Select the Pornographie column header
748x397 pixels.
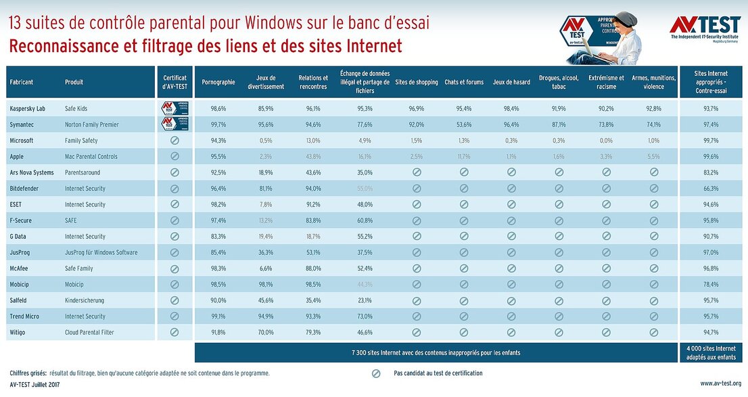(x=218, y=83)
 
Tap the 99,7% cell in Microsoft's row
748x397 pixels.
(x=710, y=141)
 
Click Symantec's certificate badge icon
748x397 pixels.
(x=174, y=124)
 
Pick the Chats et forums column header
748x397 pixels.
(x=464, y=83)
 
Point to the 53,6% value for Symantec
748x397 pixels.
(x=464, y=124)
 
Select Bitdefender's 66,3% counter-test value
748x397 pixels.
(x=710, y=189)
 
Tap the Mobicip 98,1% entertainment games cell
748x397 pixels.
(x=266, y=285)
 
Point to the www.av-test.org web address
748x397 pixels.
(x=720, y=383)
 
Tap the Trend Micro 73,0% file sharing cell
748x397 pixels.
(x=365, y=317)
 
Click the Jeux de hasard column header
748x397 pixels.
(x=511, y=83)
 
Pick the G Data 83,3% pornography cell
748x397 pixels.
(x=218, y=237)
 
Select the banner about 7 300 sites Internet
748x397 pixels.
(x=436, y=352)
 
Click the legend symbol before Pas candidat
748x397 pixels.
(x=376, y=373)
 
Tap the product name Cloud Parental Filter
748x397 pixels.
(x=90, y=332)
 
